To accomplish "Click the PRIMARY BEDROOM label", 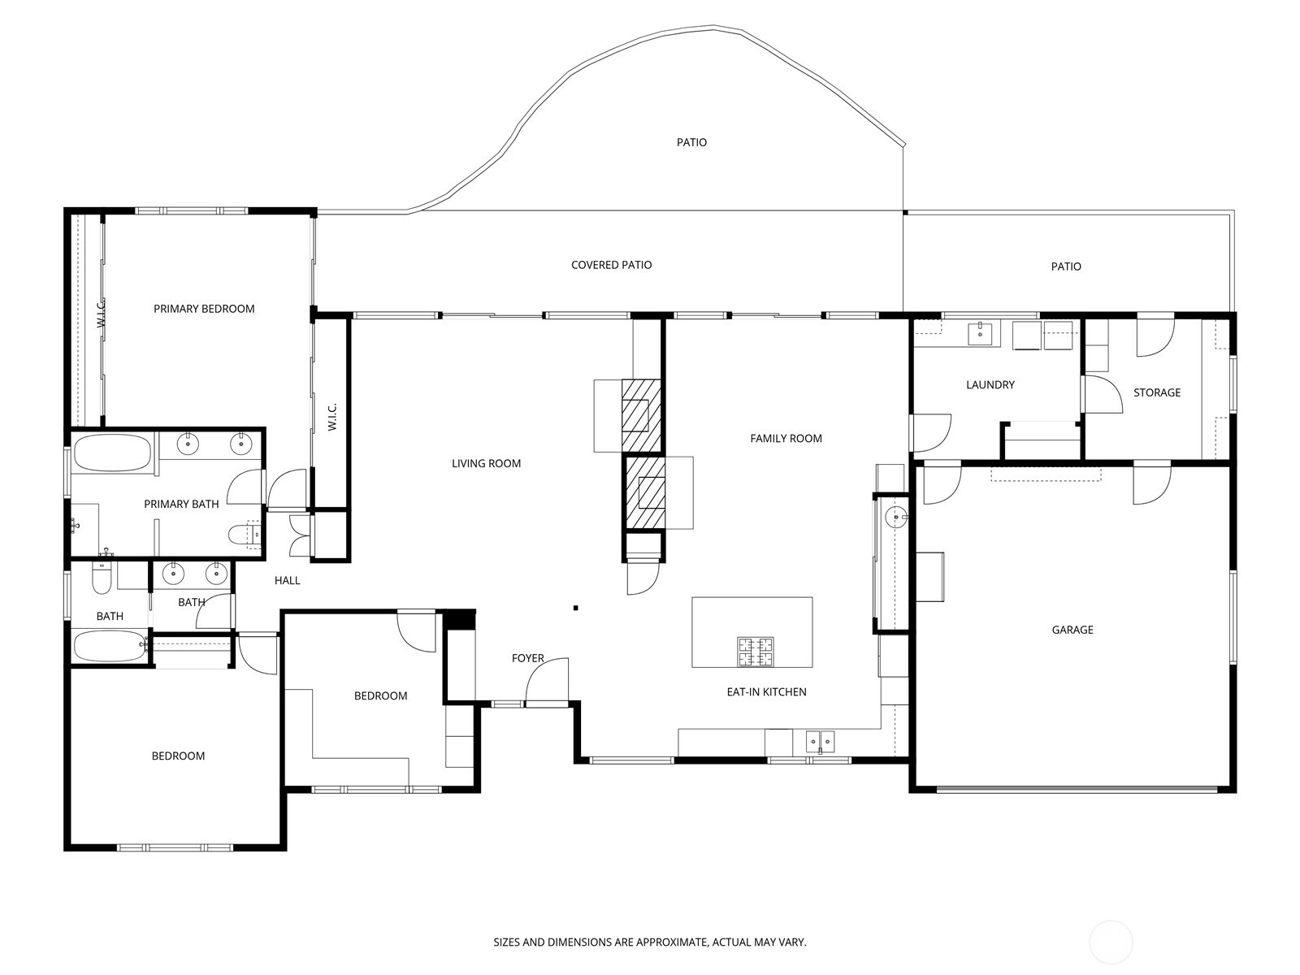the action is coord(204,309).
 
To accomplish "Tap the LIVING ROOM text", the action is coord(486,463).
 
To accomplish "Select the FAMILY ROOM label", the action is coord(786,439).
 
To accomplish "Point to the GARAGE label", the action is coord(1072,630).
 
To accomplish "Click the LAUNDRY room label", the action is coord(990,385).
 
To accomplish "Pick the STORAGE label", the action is coord(1157,392).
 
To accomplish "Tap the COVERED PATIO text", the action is coord(611,265).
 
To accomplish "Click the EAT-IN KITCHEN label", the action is coord(766,692).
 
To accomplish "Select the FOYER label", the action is coord(527,658).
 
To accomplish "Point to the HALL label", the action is coord(288,581).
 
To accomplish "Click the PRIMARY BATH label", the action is coord(181,505).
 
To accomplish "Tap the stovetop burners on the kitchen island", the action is coord(755,652).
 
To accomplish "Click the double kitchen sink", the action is coord(821,742).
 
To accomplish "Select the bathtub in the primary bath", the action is coord(112,453).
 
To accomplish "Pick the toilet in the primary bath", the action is coord(244,534).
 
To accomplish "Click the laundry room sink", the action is coord(980,333).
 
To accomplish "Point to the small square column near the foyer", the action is coord(576,608).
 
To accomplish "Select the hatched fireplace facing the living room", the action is coord(641,415).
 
